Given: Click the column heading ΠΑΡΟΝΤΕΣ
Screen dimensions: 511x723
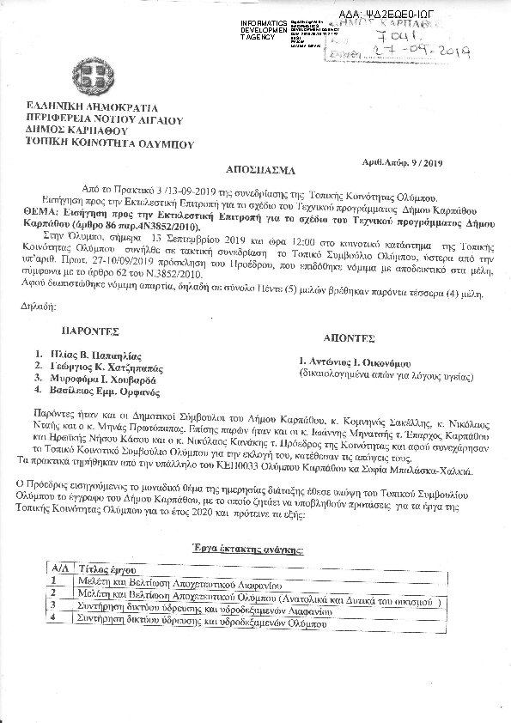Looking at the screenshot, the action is (x=90, y=330).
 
